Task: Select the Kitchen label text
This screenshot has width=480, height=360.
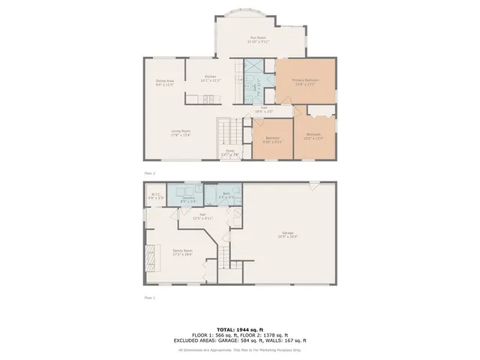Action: click(x=211, y=78)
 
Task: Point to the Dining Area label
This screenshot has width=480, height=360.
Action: click(x=164, y=82)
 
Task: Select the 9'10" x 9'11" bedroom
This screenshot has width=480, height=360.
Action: click(x=272, y=139)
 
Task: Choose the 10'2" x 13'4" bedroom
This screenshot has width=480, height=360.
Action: click(x=313, y=136)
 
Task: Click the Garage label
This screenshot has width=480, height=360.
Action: click(x=289, y=234)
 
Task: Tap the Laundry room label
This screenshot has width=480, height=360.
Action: click(x=188, y=199)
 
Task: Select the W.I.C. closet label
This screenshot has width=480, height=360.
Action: click(x=154, y=197)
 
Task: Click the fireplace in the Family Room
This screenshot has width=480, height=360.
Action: click(x=151, y=258)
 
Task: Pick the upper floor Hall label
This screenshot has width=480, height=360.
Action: click(x=264, y=109)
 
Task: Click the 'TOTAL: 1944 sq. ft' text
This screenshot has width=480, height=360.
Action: click(x=239, y=329)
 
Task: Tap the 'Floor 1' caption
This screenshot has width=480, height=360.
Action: click(x=148, y=298)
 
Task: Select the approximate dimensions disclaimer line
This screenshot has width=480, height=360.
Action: click(x=239, y=349)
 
